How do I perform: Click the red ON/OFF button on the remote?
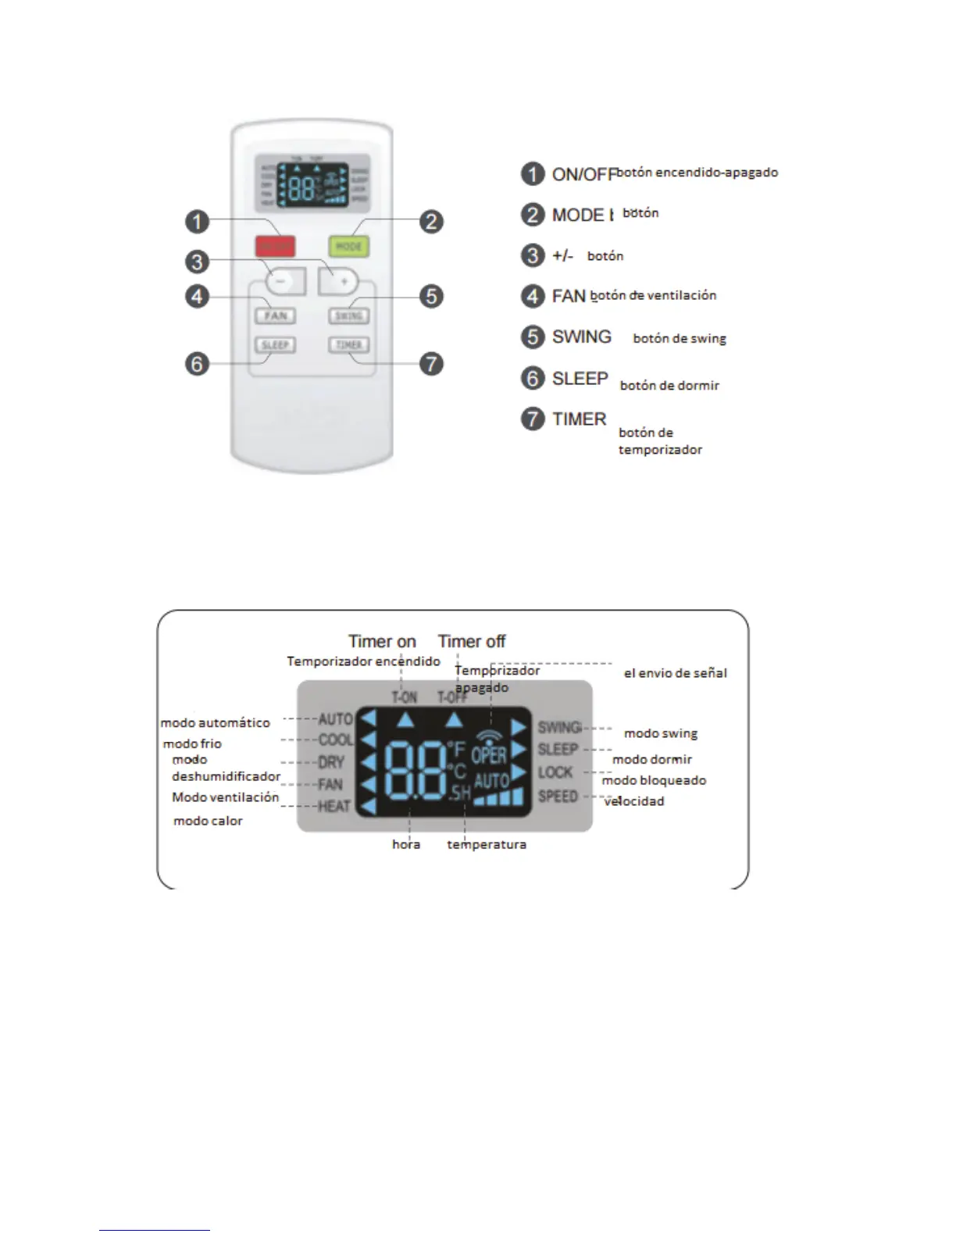tap(275, 247)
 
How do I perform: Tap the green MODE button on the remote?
tap(348, 247)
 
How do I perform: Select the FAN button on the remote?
tap(275, 315)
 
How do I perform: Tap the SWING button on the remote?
tap(348, 315)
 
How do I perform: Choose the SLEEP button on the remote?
tap(275, 344)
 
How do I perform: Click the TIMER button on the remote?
tap(348, 344)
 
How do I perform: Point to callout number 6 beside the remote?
tap(197, 364)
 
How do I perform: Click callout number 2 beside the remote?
tap(431, 222)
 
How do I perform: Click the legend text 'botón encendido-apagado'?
tap(697, 172)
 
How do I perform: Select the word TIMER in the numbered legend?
tap(579, 419)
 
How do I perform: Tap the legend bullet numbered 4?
tap(533, 296)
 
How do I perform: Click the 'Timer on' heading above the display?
tap(382, 641)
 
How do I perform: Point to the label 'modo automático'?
tap(216, 723)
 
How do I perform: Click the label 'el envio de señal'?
tap(675, 673)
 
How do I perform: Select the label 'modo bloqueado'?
tap(654, 780)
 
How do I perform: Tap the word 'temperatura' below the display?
tap(487, 844)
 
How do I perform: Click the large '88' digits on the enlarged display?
tap(416, 772)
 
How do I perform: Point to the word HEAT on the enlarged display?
tap(334, 806)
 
